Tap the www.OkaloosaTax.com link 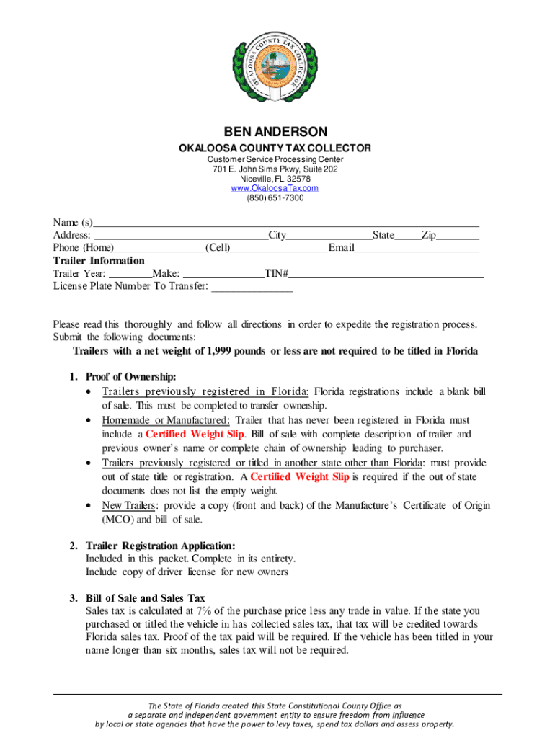tap(275, 188)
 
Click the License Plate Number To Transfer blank tap(252, 288)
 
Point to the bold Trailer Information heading tap(99, 261)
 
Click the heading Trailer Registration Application tap(160, 546)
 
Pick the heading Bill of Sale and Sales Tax tap(145, 598)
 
